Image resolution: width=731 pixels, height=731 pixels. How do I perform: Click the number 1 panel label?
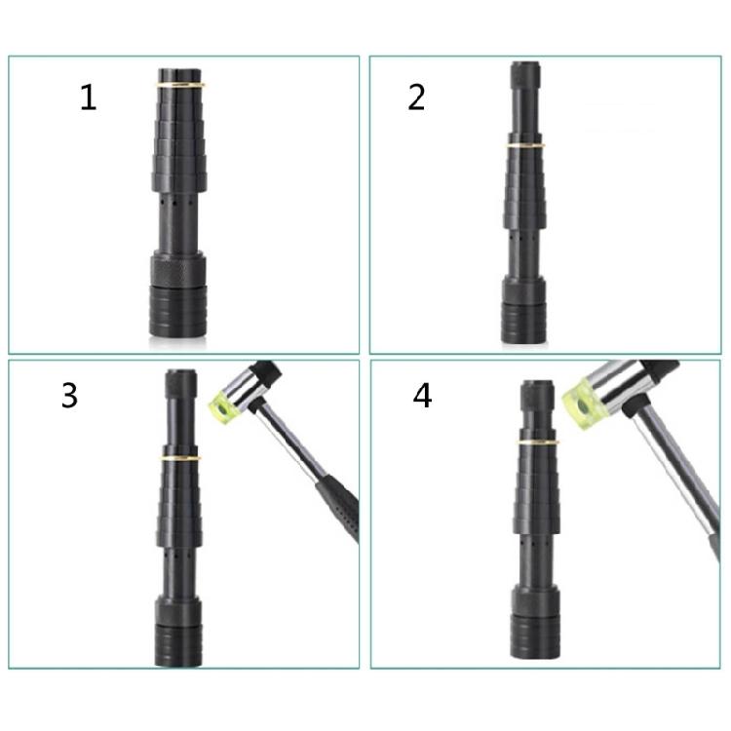[x=88, y=97]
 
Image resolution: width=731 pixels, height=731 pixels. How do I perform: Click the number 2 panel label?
[x=416, y=96]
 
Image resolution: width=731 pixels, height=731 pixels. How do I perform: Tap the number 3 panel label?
[x=69, y=396]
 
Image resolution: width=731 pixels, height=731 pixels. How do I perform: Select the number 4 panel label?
[x=422, y=396]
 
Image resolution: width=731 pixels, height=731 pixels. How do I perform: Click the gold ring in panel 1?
[x=180, y=85]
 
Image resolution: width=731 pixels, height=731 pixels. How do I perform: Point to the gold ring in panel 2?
[x=525, y=145]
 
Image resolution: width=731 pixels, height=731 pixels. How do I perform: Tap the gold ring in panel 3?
[x=181, y=458]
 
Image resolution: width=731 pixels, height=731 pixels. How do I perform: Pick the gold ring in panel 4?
[x=538, y=441]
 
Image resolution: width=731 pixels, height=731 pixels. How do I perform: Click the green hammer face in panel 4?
[x=584, y=403]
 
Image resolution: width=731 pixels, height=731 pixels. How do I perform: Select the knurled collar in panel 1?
[x=177, y=269]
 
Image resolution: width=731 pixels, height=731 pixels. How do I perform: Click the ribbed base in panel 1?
[x=177, y=312]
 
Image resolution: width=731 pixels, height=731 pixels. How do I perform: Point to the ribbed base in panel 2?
[x=523, y=323]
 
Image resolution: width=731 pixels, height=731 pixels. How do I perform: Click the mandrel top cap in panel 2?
[x=525, y=75]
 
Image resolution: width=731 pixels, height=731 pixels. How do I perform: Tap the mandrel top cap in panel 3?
[x=181, y=384]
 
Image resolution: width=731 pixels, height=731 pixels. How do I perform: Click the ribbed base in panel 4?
[x=535, y=637]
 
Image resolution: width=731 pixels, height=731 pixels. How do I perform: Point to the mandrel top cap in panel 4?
[x=537, y=396]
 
